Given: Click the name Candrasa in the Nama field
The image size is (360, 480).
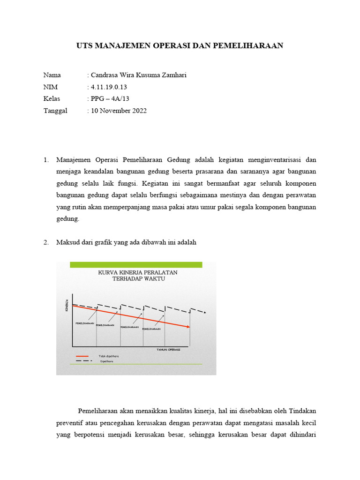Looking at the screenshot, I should pyautogui.click(x=105, y=75).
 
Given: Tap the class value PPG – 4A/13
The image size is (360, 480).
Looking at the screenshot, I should pyautogui.click(x=111, y=99).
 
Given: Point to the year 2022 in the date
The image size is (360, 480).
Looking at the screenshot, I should pyautogui.click(x=139, y=111).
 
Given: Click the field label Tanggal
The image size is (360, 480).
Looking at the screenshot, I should pyautogui.click(x=55, y=111).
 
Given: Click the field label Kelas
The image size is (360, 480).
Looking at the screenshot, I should pyautogui.click(x=52, y=99).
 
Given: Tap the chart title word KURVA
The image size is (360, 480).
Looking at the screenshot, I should pyautogui.click(x=107, y=272).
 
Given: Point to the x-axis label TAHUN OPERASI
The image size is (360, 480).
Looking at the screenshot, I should pyautogui.click(x=168, y=350).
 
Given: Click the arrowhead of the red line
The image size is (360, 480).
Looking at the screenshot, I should pyautogui.click(x=188, y=327).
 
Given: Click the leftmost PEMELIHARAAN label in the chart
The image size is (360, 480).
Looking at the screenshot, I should pyautogui.click(x=84, y=323).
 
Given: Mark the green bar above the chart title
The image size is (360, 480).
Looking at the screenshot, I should pyautogui.click(x=136, y=265).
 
